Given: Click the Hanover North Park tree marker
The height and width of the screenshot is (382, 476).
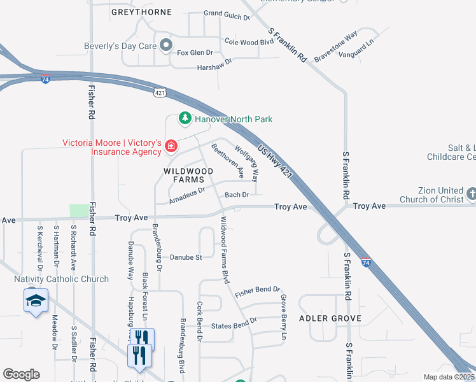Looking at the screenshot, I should [x=185, y=118].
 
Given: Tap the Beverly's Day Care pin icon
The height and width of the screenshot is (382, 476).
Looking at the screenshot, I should [x=166, y=45].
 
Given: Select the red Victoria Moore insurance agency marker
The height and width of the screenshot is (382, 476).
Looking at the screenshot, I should [x=171, y=147].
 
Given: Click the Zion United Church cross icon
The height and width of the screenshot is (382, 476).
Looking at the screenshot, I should [x=471, y=194].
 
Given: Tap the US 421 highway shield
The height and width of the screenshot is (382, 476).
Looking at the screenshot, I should [x=160, y=92].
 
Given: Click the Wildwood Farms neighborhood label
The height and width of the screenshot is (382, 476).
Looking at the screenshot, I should [x=188, y=175].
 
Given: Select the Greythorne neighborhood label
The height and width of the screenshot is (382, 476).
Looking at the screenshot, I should [x=141, y=12].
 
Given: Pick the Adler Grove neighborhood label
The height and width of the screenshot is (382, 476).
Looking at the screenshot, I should [x=330, y=318].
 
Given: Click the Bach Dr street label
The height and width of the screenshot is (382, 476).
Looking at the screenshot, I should [x=236, y=194].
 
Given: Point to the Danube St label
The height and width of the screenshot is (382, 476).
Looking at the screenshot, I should [x=185, y=257].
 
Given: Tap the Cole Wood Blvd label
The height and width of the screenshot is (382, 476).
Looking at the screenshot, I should [x=249, y=42].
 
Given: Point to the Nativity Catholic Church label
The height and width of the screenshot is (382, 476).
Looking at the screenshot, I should [x=62, y=279].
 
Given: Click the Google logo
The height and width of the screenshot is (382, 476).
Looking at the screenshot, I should [x=21, y=374].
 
